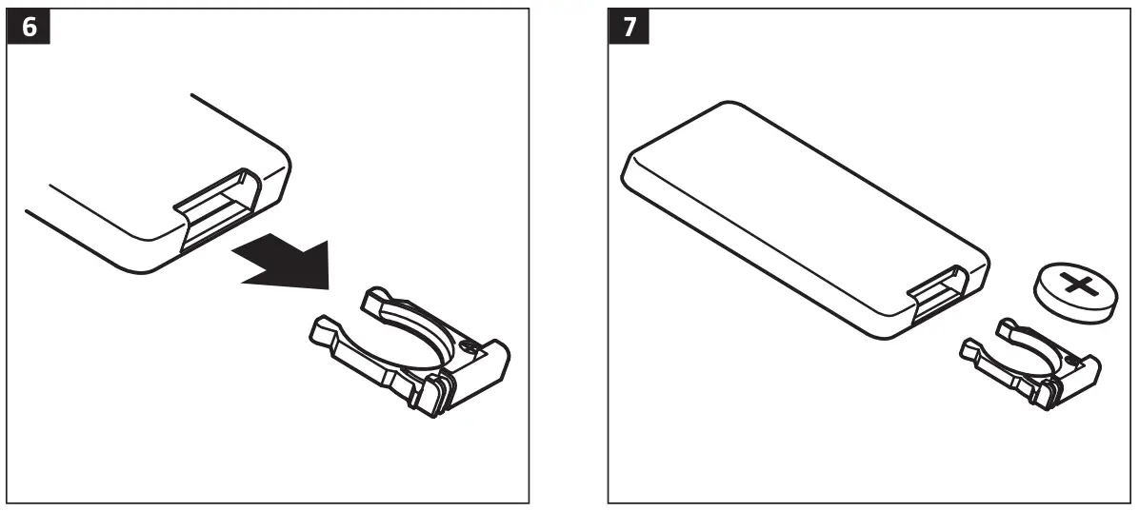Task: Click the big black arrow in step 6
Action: pyautogui.click(x=286, y=259)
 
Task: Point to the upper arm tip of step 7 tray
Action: pyautogui.click(x=1005, y=327)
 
